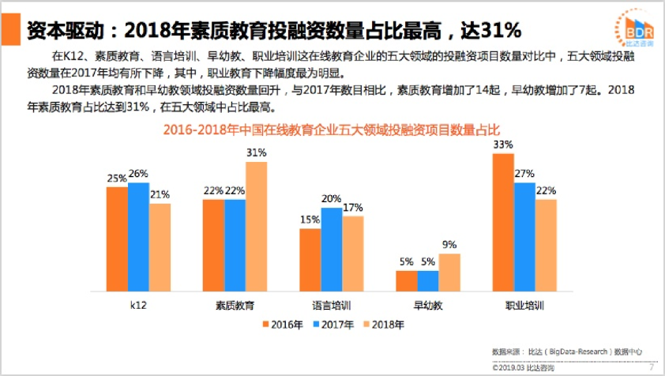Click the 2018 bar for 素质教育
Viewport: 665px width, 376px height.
pos(256,227)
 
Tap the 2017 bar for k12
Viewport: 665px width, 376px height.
pos(138,237)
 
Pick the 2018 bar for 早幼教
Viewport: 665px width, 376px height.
pos(449,273)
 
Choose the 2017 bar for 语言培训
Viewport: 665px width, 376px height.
pos(331,250)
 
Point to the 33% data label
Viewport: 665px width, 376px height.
pos(503,145)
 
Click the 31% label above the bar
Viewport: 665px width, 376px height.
pos(256,152)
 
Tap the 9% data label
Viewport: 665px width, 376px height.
pos(449,245)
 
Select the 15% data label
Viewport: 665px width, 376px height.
pos(310,220)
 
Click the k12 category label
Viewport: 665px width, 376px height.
pos(138,304)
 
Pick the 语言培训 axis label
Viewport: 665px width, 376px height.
pos(332,304)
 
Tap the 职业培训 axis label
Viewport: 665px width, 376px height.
pos(524,304)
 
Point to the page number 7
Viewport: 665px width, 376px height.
pos(652,367)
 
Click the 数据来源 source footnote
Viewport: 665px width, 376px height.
pos(566,351)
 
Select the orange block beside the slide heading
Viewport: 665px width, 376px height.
pos(10,30)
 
